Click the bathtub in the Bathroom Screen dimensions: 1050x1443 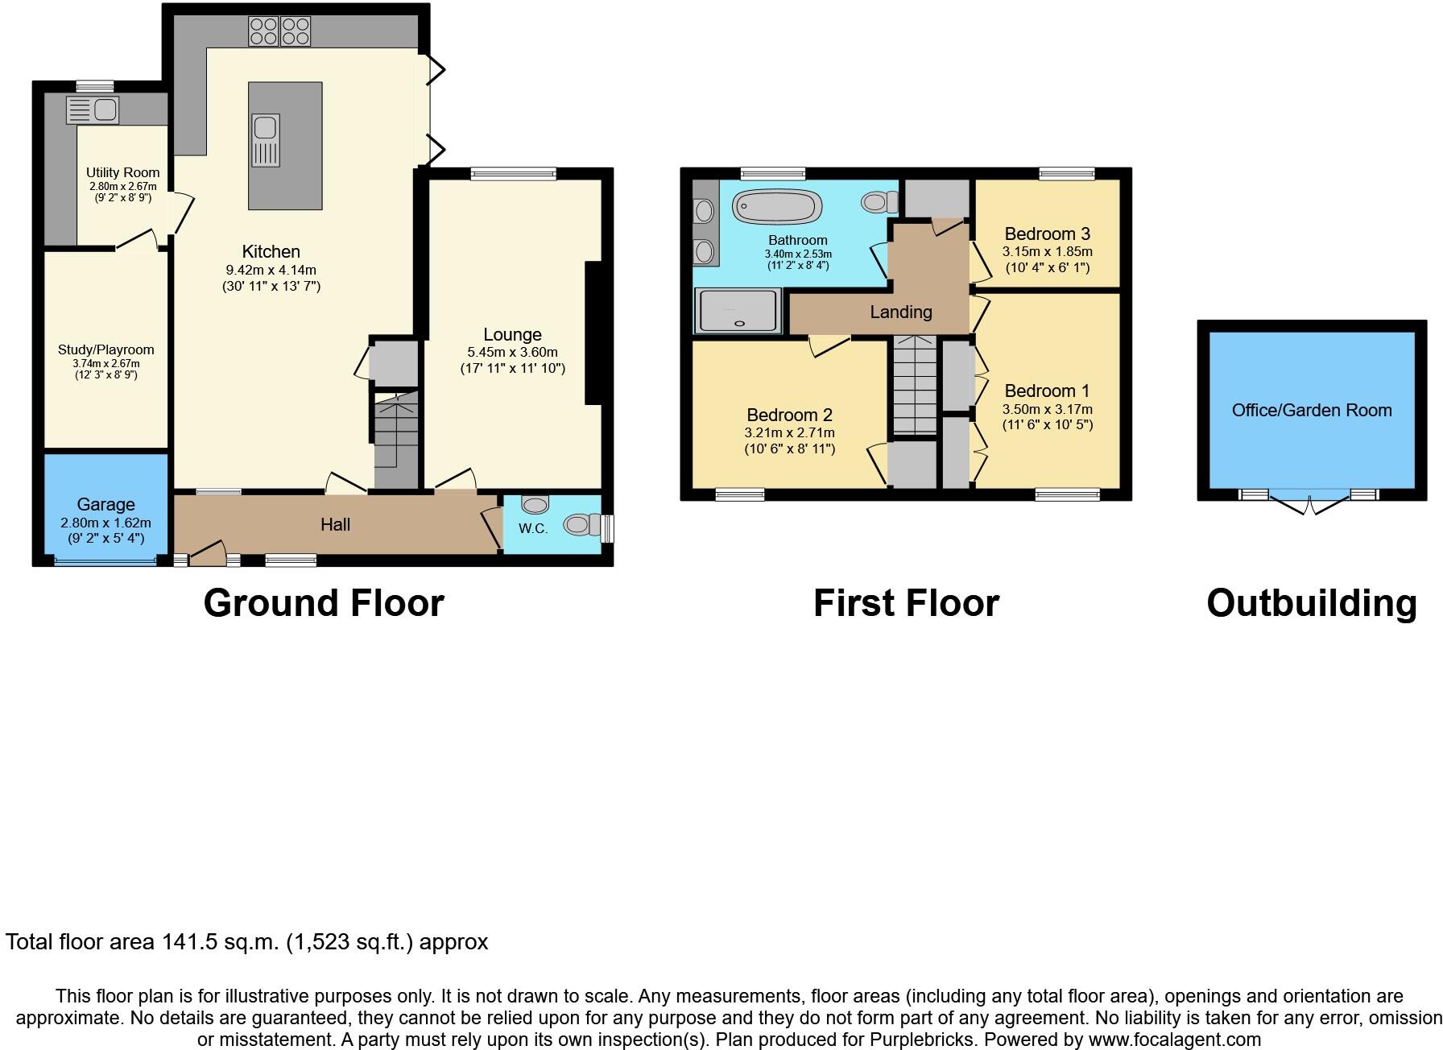777,207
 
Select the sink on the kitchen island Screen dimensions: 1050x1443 266,139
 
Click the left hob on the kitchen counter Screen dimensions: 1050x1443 263,31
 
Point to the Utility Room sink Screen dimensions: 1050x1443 93,110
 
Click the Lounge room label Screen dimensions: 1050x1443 512,335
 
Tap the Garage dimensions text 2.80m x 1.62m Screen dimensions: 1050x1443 105,523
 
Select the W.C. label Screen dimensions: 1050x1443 532,529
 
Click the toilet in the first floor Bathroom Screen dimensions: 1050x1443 878,200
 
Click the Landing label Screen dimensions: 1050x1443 900,312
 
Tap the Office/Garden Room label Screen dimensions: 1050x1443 1311,411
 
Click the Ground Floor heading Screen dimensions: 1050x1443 323,603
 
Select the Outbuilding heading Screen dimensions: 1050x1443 1311,603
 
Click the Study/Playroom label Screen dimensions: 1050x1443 105,349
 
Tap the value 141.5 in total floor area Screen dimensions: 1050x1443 189,941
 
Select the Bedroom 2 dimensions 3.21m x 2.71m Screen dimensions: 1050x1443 789,433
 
